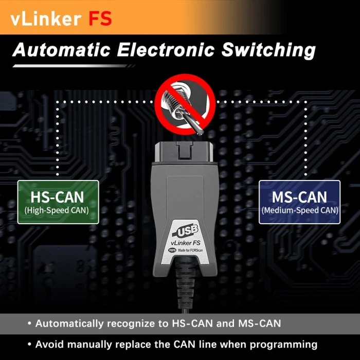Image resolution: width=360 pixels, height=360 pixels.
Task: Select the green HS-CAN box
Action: [57, 202]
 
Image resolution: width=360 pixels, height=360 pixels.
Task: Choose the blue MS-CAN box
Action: [300, 202]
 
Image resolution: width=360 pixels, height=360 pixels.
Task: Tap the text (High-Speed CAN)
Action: [57, 210]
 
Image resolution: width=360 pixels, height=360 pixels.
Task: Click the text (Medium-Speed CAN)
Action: [300, 210]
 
